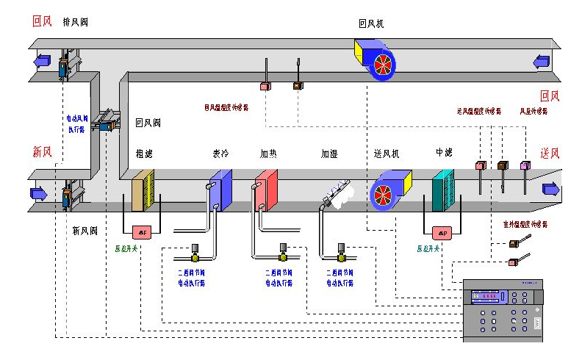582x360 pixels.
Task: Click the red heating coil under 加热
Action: [x=265, y=190]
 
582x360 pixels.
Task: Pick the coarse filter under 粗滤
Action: [x=143, y=190]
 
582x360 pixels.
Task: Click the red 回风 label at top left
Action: [x=42, y=22]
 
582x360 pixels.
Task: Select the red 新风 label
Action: [x=42, y=152]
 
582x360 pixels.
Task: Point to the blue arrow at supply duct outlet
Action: [x=550, y=190]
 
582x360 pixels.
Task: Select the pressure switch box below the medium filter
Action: [x=442, y=233]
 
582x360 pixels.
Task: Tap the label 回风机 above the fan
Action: [x=371, y=24]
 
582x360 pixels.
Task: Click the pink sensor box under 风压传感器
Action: [x=525, y=166]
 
